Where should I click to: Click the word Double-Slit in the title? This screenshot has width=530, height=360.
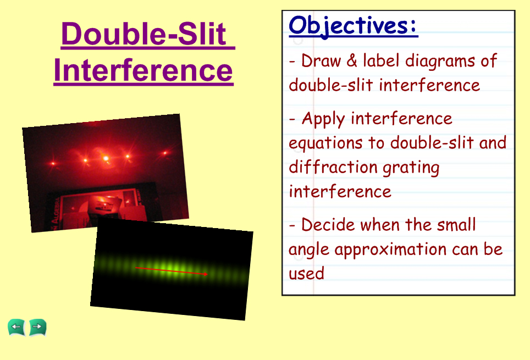point(144,34)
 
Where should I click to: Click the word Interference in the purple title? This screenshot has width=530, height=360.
point(143,70)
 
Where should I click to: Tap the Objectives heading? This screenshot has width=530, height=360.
point(353,26)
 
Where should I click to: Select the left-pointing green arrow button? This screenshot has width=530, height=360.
point(16,327)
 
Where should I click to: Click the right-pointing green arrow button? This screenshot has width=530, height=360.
point(37,327)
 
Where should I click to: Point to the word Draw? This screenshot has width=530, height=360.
point(321,61)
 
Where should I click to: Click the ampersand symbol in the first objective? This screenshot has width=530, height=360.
point(352,61)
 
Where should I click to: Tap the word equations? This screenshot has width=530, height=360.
point(325,143)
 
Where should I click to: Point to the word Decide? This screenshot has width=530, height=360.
point(328,225)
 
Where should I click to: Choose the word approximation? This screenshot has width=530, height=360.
point(390,250)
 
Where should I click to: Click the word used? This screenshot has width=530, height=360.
point(306,273)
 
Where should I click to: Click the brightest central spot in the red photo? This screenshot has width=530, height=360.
point(106,158)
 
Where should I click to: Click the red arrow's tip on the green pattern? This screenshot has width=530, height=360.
point(207,274)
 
